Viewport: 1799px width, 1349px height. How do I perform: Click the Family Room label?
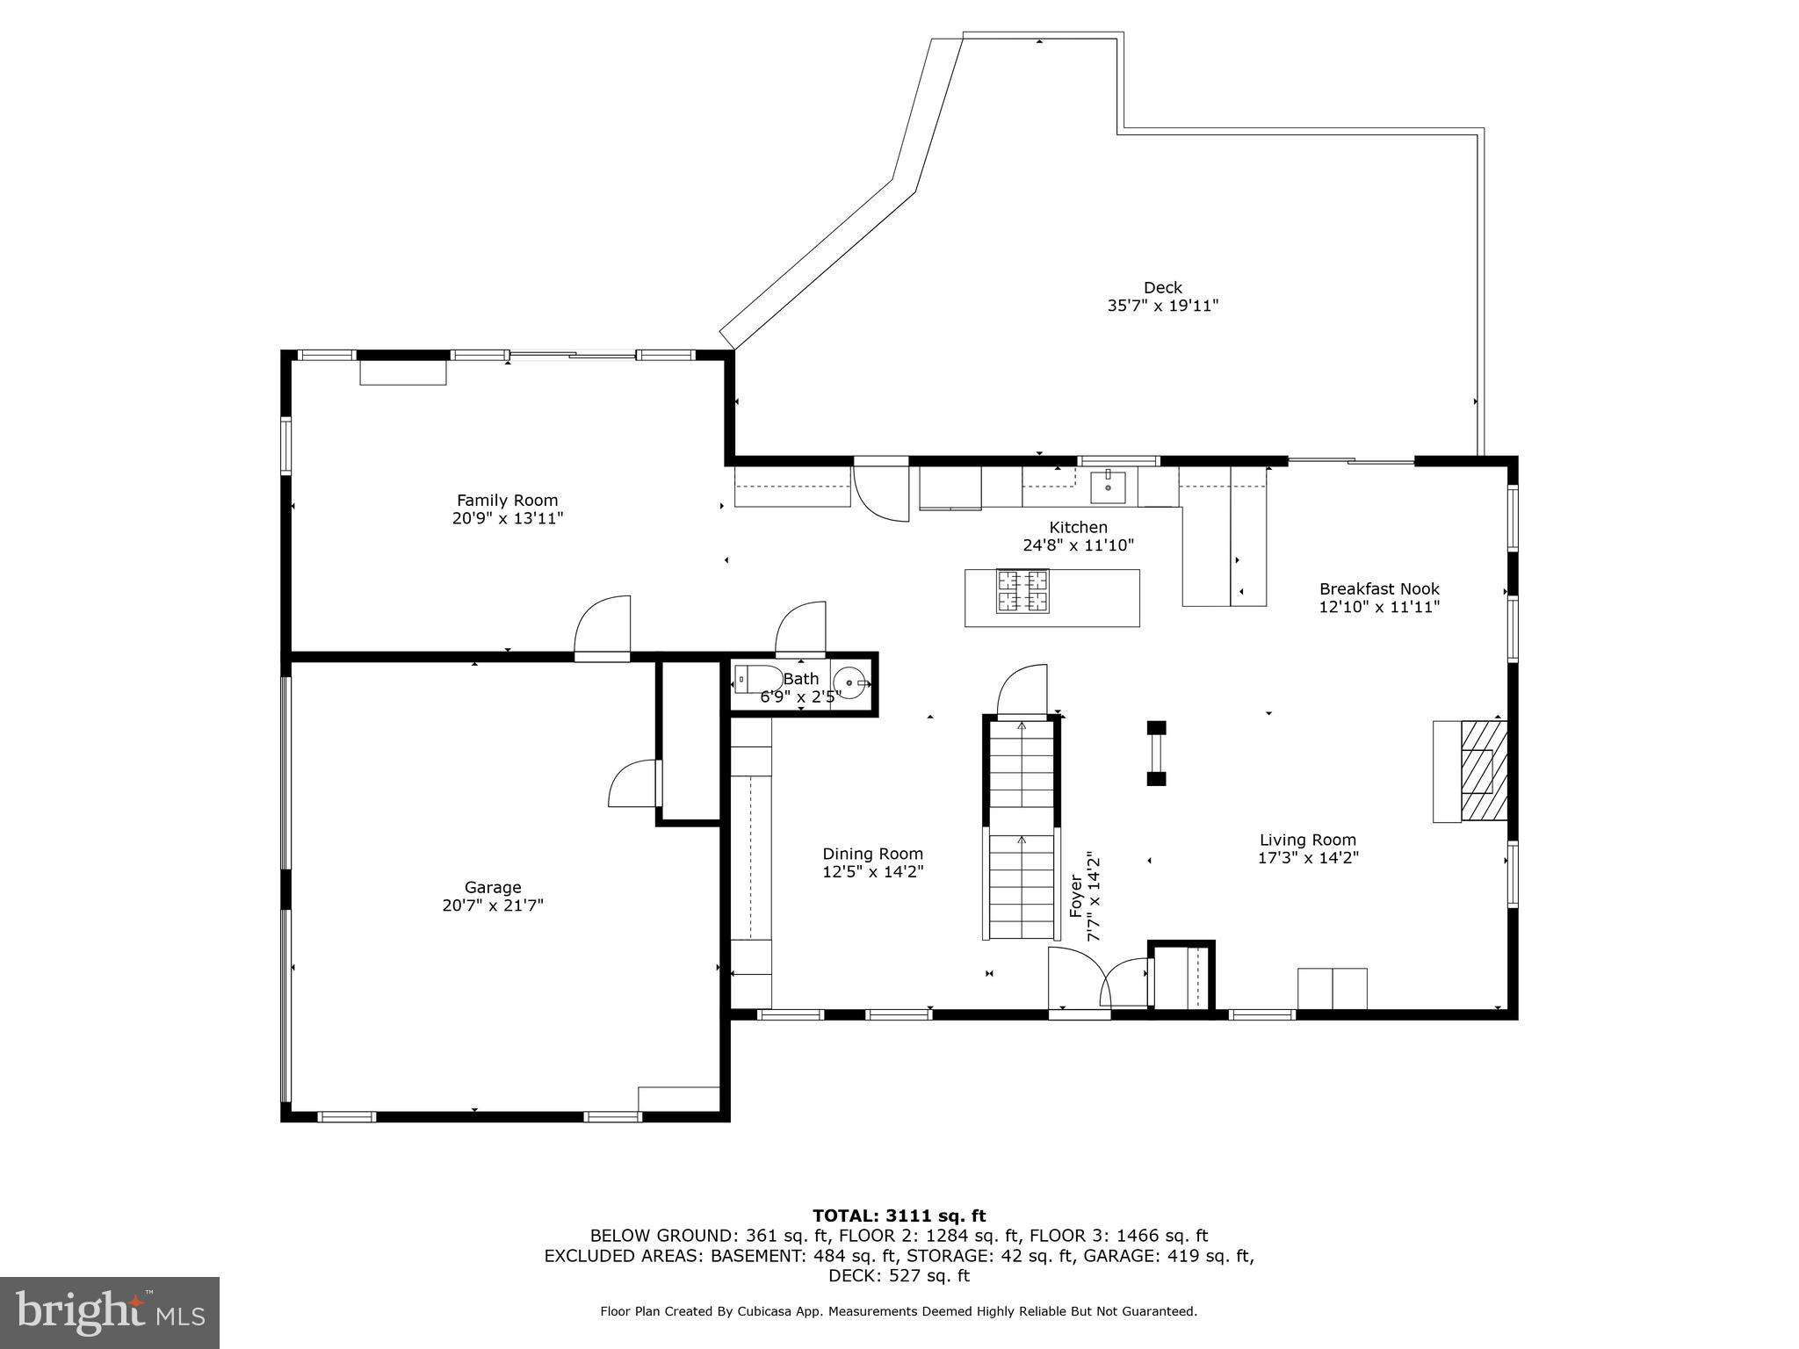point(507,501)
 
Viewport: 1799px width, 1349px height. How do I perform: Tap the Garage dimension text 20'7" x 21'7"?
point(493,905)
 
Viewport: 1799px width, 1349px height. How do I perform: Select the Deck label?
point(1162,287)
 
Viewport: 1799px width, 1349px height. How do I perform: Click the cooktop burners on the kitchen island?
point(1022,591)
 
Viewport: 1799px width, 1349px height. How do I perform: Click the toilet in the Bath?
point(756,680)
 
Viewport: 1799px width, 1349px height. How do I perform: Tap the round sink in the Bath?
point(851,682)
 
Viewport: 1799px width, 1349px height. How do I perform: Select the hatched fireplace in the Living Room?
point(1484,770)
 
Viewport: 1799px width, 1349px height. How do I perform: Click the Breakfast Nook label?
point(1379,588)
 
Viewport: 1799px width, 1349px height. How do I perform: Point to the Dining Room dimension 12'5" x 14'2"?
point(872,872)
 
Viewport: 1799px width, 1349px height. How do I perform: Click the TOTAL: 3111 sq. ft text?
point(899,1216)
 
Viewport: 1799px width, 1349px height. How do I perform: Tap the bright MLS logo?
point(110,1312)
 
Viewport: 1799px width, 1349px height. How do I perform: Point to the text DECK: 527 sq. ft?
point(899,1276)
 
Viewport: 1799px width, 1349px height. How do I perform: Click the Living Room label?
point(1307,840)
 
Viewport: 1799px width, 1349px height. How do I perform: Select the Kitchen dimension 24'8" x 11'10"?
point(1078,545)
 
